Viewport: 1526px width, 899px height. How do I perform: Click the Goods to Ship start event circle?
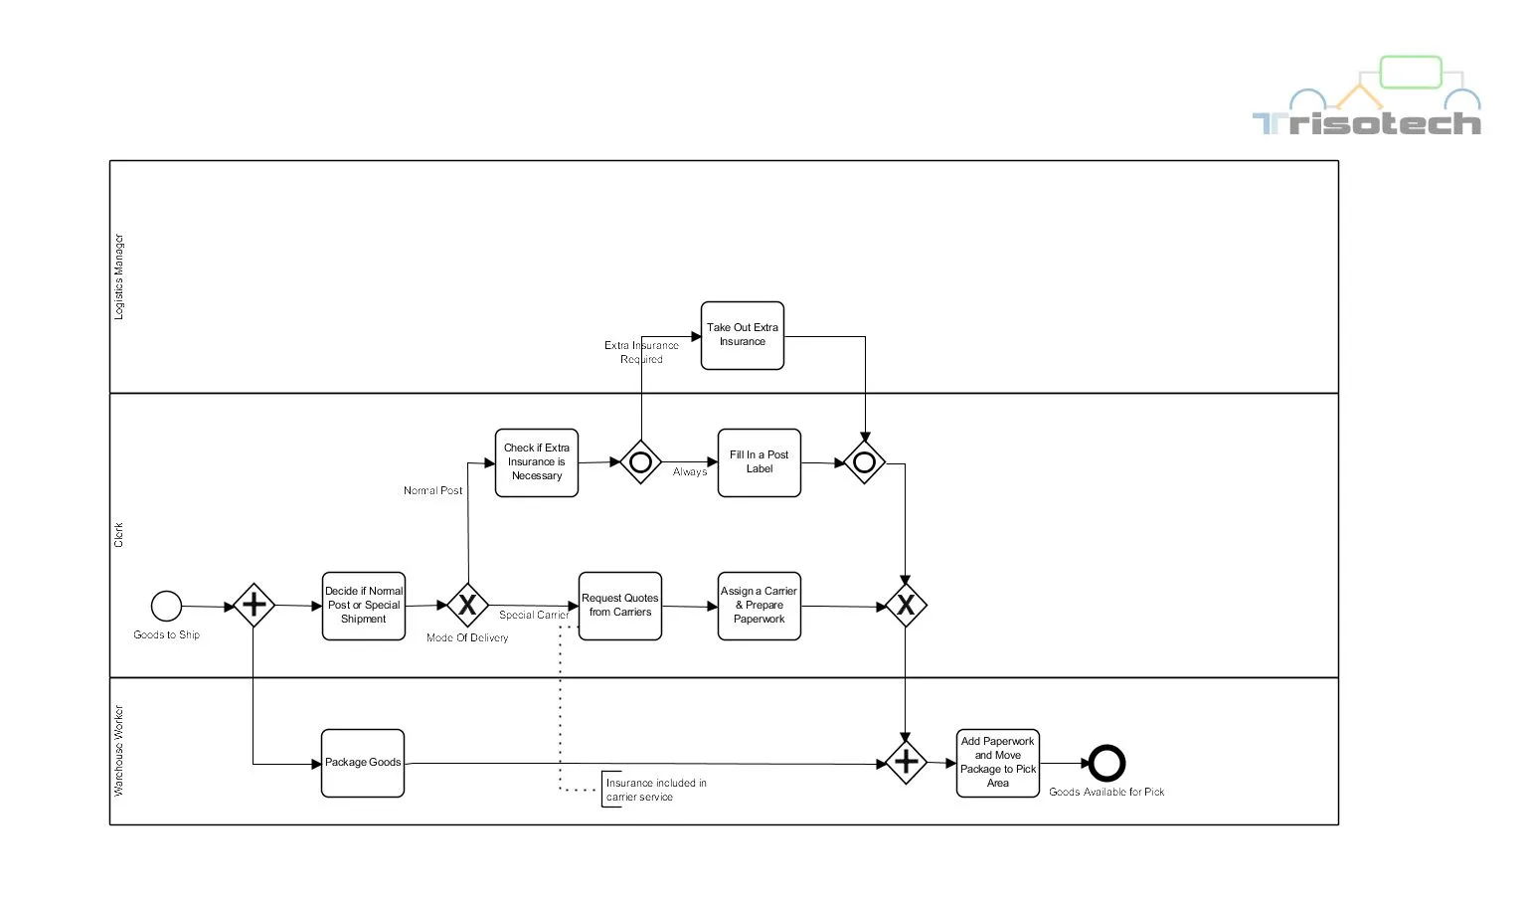point(166,606)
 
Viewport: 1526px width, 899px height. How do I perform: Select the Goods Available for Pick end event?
point(1106,764)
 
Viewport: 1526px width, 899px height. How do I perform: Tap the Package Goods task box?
point(363,763)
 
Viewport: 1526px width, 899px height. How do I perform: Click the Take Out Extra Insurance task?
point(743,336)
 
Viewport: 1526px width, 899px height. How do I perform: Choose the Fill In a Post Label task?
point(760,462)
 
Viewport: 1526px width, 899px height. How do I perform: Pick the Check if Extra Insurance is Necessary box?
point(537,462)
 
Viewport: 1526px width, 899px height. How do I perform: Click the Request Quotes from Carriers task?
point(620,606)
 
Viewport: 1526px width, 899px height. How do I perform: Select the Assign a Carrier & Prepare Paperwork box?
point(760,606)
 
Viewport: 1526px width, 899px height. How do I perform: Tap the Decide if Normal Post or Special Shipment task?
point(364,606)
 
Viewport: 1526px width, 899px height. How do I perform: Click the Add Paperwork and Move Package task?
point(998,763)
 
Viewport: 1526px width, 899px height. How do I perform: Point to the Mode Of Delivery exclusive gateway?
point(467,605)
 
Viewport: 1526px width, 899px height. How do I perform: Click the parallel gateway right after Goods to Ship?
point(254,605)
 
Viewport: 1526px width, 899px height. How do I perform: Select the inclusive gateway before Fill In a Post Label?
point(641,461)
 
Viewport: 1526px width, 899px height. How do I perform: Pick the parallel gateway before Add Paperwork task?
point(906,763)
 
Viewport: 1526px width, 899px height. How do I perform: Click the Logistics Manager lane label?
point(119,276)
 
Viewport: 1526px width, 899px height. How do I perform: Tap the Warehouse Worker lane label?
point(119,751)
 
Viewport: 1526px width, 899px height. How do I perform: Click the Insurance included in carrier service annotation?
point(656,790)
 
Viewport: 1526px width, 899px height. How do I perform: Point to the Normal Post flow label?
point(432,490)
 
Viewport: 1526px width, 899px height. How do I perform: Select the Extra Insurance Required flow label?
point(641,352)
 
